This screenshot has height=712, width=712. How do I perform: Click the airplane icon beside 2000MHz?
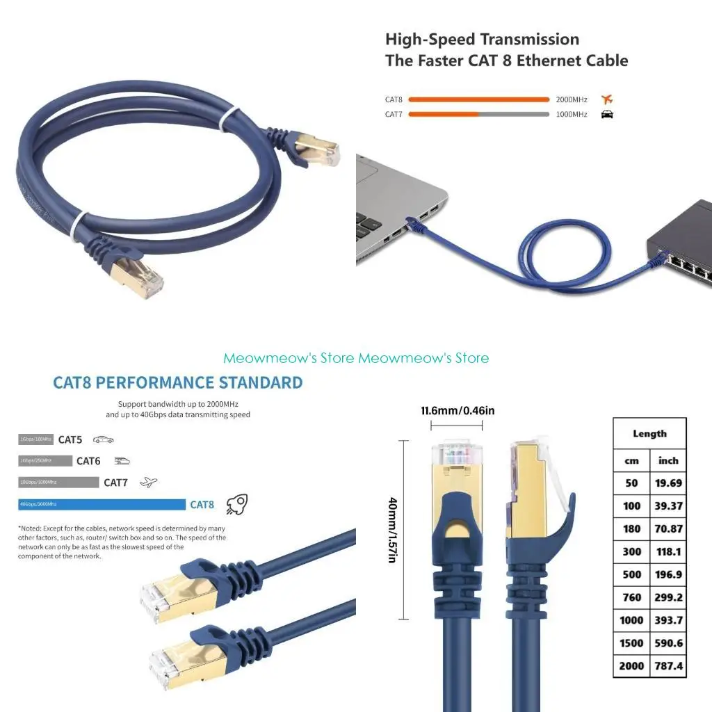607,99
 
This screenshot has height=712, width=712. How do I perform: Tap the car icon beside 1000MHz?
607,115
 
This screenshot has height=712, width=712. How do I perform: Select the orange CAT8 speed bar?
479,99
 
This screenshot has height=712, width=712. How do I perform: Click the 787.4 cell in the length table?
669,665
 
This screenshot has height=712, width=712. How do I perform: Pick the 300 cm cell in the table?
631,551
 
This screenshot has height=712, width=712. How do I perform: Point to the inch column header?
668,460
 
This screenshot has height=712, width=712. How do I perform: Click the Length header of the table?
649,433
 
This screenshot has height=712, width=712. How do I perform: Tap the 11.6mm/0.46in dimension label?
458,410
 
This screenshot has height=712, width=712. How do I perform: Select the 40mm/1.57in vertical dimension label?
392,530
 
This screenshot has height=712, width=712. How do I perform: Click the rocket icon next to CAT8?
238,503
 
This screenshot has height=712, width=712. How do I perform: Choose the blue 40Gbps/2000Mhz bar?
102,505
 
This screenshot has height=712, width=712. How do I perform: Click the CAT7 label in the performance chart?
115,482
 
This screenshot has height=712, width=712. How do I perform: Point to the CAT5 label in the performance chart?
70,439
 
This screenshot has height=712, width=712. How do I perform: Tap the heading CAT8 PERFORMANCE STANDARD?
178,382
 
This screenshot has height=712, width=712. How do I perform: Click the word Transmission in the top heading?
531,39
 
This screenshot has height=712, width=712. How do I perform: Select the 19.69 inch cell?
668,483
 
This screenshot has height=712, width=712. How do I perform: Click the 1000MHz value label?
572,115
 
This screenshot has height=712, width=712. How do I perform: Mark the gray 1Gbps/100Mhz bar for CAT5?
35,439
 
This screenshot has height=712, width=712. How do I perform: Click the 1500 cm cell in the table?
631,642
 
